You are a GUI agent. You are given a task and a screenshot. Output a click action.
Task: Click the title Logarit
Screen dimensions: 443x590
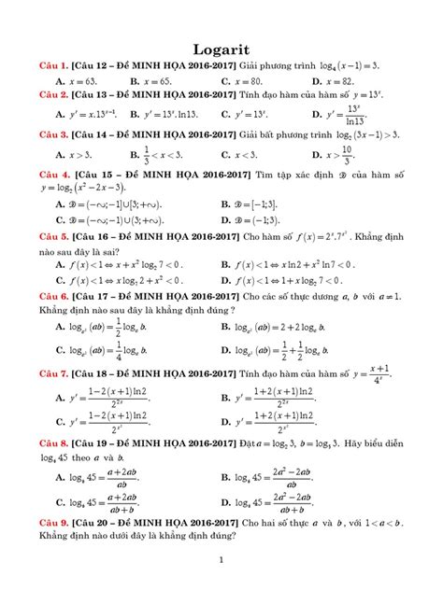pos(221,46)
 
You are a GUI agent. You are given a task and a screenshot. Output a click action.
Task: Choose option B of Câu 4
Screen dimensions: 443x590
pos(257,204)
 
